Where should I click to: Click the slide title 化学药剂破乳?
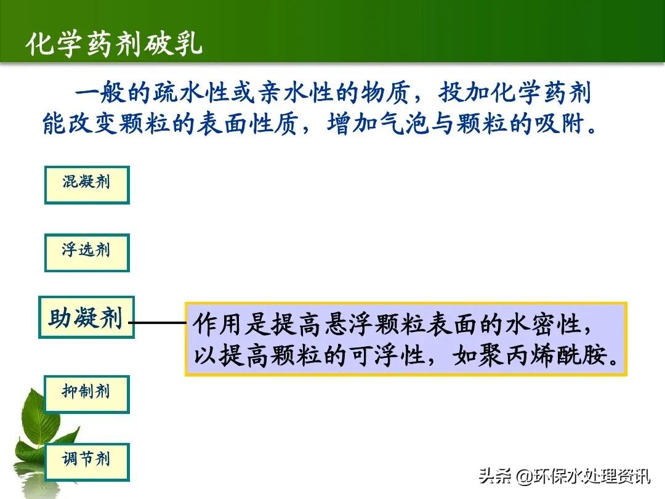114,45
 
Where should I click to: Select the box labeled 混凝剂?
87,184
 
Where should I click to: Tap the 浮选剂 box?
87,252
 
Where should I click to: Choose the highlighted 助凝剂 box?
86,317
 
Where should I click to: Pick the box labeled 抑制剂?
87,394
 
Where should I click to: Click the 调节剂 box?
87,461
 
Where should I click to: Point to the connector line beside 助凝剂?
159,322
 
